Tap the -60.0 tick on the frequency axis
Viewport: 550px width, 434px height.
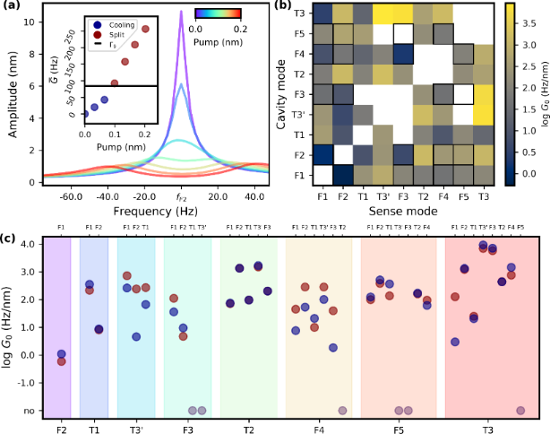60,197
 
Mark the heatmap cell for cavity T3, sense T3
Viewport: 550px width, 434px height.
485,13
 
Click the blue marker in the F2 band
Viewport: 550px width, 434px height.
61,354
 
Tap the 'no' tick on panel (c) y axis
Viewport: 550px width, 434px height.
31,411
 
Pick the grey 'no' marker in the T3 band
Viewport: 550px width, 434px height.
520,411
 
